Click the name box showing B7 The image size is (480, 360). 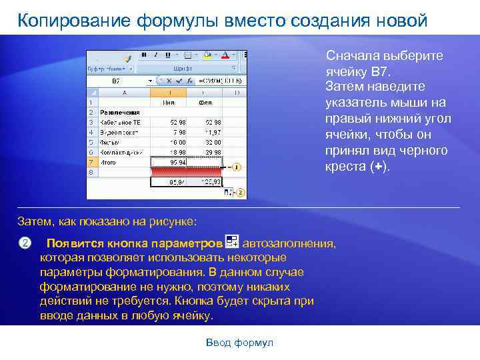tap(116, 81)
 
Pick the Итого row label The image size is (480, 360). tap(109, 162)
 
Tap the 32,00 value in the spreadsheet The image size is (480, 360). tap(213, 142)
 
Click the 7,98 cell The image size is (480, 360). tap(179, 132)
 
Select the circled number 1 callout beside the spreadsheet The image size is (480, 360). tap(237, 167)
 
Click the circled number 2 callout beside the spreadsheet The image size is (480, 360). tap(241, 193)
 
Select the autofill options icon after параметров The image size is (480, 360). tap(233, 243)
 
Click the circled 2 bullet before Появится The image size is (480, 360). tap(25, 243)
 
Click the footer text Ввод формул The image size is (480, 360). tap(240, 343)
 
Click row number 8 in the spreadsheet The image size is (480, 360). tap(91, 172)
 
